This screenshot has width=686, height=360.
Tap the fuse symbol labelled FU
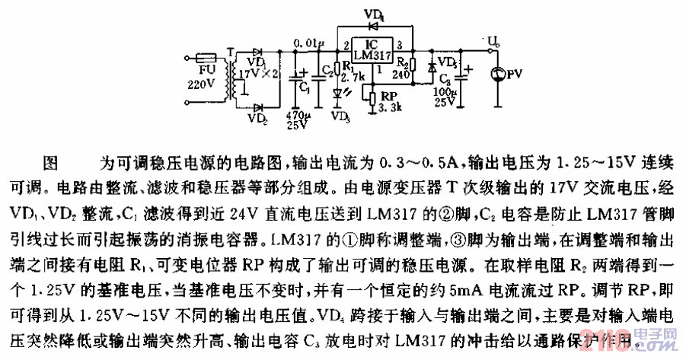208,57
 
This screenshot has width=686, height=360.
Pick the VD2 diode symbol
257,108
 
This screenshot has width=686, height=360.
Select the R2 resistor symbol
412,65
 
